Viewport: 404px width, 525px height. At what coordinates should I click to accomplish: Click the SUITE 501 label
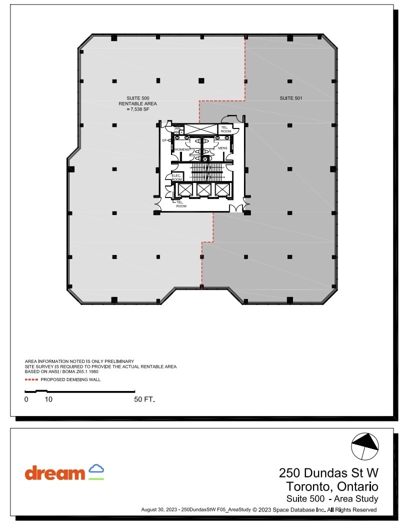pos(290,98)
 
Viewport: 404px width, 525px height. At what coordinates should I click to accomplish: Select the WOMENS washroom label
pos(181,149)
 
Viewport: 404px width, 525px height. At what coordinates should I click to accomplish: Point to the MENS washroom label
pos(222,148)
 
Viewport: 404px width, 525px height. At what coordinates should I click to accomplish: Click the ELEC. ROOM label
pos(176,177)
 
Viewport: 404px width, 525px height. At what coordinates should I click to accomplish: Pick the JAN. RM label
pos(176,130)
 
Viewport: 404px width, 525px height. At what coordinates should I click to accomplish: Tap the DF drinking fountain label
pos(164,140)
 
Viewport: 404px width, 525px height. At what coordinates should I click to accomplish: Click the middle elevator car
pos(203,189)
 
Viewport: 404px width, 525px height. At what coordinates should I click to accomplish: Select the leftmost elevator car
pos(184,189)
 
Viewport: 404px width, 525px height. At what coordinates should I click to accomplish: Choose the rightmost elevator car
pos(221,189)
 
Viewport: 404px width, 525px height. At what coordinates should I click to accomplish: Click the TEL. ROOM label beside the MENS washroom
pos(225,129)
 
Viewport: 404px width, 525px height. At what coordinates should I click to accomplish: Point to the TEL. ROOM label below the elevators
pos(181,204)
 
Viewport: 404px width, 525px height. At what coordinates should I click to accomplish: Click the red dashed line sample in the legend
pos(31,379)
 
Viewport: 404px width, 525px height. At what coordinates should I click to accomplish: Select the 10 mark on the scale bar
pos(48,399)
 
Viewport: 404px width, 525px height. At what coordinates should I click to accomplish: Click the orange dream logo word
pos(55,472)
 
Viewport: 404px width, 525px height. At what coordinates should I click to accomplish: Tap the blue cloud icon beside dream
pos(96,469)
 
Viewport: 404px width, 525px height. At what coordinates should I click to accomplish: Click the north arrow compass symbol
pos(365,445)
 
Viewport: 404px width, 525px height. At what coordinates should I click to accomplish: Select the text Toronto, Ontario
pos(332,486)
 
